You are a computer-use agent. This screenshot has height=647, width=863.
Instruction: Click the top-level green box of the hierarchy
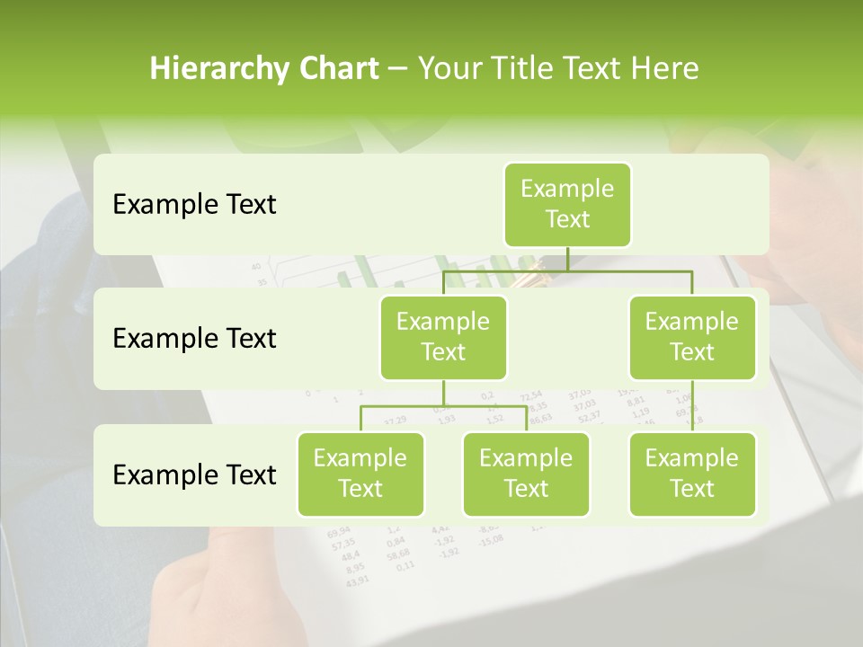coord(567,204)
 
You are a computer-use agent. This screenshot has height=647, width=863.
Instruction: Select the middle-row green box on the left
coord(443,337)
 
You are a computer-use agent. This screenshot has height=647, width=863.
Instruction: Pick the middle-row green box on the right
coord(692,337)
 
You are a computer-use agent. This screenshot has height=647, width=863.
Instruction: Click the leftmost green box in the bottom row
coord(360,474)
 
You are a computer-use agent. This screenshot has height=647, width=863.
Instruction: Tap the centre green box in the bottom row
coord(526,474)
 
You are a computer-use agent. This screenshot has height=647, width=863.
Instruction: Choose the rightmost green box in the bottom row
coord(692,474)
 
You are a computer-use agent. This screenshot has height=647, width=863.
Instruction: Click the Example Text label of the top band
coord(194,204)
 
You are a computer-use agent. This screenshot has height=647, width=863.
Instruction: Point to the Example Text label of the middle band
coord(194,338)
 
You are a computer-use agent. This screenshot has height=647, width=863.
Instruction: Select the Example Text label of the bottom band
coord(194,474)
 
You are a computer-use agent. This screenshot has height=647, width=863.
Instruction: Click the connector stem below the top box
coord(567,259)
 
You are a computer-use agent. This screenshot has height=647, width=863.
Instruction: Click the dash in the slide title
coord(398,69)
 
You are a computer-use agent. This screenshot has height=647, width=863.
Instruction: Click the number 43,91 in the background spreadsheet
coord(357,580)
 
